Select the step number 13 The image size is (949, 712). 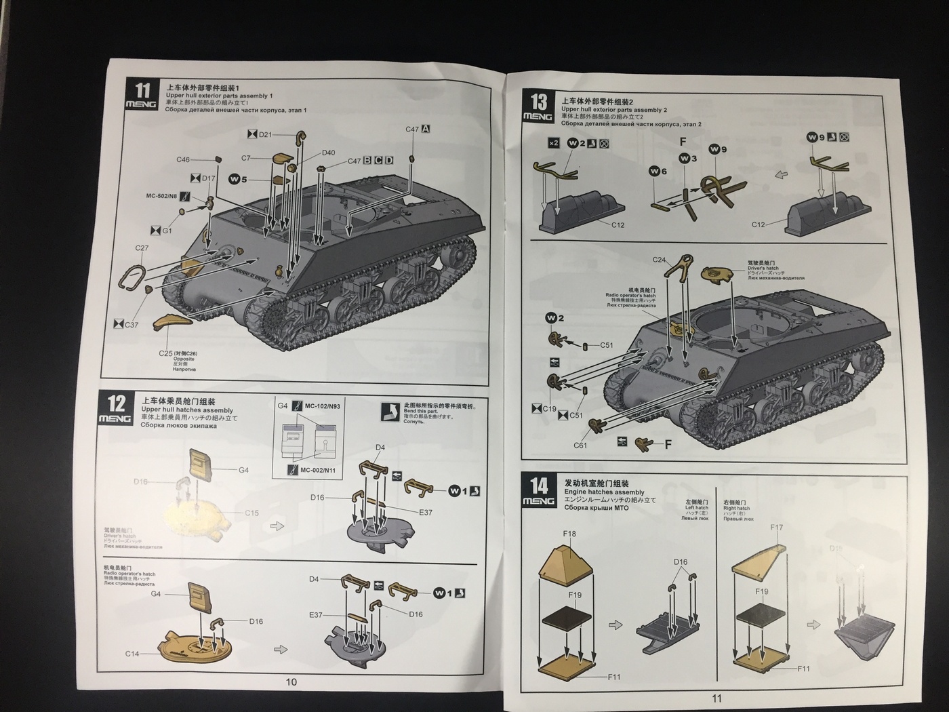[x=538, y=102]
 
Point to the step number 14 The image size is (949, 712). [x=538, y=486]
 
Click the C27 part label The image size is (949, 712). [x=141, y=248]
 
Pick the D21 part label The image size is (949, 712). [x=265, y=134]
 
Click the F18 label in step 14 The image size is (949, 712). [x=569, y=534]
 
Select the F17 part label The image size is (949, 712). [x=777, y=528]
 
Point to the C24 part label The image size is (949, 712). [x=660, y=260]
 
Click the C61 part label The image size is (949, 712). [x=580, y=446]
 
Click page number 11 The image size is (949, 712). [x=717, y=698]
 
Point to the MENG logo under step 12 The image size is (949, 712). [x=117, y=419]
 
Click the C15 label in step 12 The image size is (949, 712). [x=251, y=513]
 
